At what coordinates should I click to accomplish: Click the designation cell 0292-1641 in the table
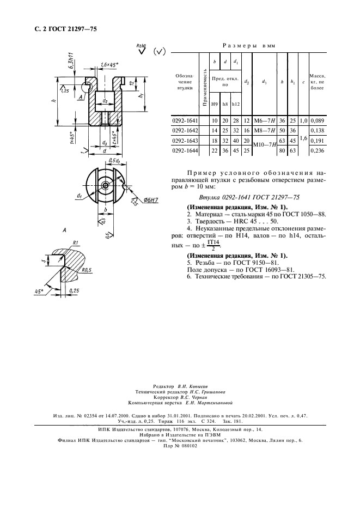click(185, 120)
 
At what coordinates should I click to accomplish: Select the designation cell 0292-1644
click(185, 150)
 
